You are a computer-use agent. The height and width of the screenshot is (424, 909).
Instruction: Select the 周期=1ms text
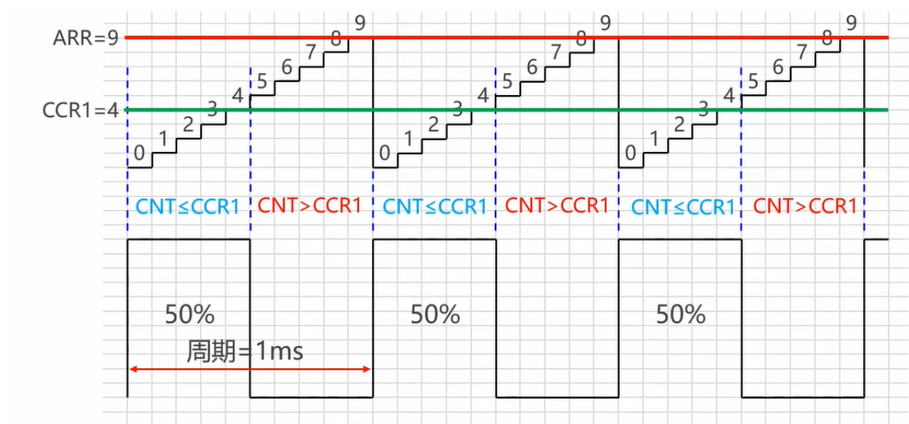245,351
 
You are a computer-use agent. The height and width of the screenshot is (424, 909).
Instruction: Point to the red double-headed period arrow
250,370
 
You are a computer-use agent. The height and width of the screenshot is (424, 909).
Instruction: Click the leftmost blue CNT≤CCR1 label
188,206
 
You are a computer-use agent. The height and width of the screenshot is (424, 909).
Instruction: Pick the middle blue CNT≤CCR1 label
435,206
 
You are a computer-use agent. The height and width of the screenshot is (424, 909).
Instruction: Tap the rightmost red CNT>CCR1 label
805,206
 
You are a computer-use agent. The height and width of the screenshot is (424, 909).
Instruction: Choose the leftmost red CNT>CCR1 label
310,206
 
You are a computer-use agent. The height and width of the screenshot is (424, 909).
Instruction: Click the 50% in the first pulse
189,314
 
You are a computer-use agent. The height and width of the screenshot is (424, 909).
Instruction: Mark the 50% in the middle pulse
435,314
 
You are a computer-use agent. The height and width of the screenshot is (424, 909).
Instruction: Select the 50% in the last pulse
681,314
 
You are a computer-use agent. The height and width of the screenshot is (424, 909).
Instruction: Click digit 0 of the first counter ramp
139,153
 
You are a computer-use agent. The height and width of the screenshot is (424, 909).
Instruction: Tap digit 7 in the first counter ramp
311,51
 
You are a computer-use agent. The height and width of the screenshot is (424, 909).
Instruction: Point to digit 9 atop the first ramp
360,22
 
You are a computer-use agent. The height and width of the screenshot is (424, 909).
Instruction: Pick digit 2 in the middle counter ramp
433,124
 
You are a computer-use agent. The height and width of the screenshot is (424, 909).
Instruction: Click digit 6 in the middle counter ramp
532,67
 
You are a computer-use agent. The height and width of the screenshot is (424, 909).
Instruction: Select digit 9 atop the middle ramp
605,22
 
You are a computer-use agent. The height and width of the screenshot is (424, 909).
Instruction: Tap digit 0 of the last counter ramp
631,153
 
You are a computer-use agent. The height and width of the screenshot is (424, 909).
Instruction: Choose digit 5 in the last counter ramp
753,81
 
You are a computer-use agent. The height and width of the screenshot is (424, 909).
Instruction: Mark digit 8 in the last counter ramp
827,37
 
